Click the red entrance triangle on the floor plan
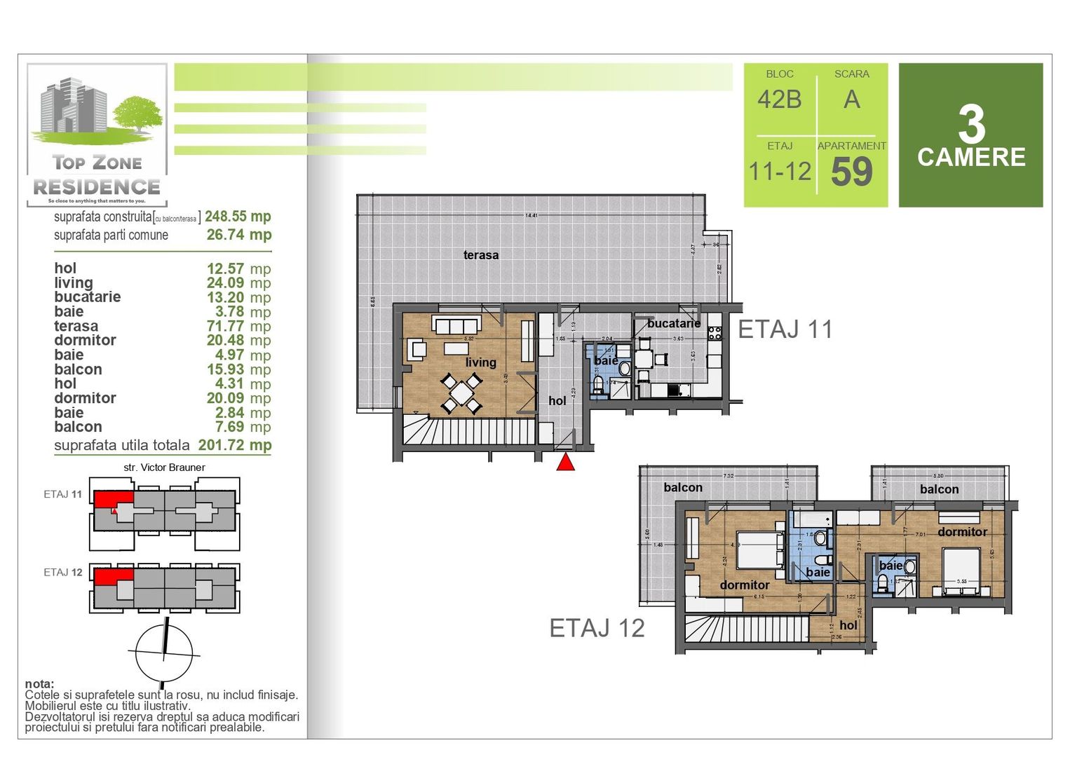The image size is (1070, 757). (x=566, y=463)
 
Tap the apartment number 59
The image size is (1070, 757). (x=852, y=172)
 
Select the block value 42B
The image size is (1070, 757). (x=779, y=100)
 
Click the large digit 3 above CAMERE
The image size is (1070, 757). (x=971, y=125)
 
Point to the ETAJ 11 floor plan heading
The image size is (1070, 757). (x=785, y=329)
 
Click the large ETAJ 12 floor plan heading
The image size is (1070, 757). (x=597, y=628)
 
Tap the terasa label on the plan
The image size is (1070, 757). (x=481, y=255)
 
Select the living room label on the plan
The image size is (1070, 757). (x=480, y=362)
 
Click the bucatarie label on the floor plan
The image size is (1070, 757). (x=673, y=323)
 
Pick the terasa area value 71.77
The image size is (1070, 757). (x=225, y=326)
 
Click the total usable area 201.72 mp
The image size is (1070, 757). (x=234, y=445)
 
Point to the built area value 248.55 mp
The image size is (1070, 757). (x=238, y=217)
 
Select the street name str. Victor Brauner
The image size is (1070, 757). (x=164, y=468)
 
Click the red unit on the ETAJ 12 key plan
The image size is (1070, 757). (x=112, y=577)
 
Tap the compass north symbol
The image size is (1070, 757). (x=164, y=652)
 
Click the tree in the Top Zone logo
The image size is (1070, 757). (x=138, y=114)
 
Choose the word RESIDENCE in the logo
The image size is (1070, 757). (x=97, y=187)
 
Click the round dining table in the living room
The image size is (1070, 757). (x=461, y=393)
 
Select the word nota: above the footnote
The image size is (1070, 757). (x=39, y=684)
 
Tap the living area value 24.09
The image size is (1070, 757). (x=225, y=282)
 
